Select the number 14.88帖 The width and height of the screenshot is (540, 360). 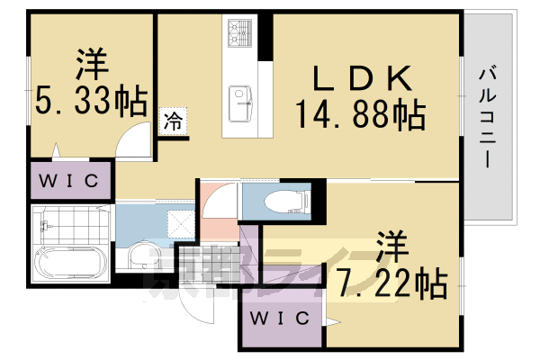point(359,114)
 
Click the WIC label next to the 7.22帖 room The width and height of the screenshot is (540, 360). point(280,319)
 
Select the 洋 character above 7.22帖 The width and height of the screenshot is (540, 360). point(392,245)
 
